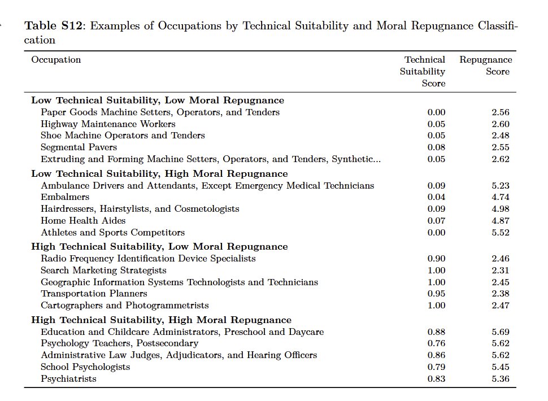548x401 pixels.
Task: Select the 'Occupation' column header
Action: pos(56,60)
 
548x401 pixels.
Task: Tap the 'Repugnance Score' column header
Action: pos(486,66)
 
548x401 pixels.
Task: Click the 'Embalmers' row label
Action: pos(65,197)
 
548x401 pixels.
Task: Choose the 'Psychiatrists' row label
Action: pos(68,378)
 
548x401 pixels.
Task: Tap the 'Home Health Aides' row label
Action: pos(83,221)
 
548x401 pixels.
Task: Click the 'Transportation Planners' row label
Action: pos(94,294)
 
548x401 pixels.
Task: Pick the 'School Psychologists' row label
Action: pos(85,367)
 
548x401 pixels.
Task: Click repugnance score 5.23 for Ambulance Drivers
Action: pos(500,186)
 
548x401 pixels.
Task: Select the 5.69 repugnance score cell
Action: pos(500,332)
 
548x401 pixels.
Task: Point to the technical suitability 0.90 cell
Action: pos(436,259)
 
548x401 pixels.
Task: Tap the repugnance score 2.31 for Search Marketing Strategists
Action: pos(500,271)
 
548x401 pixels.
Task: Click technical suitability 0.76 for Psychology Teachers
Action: pos(436,343)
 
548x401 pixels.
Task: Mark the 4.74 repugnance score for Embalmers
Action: pos(500,197)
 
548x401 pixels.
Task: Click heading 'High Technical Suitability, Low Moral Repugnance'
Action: pos(159,247)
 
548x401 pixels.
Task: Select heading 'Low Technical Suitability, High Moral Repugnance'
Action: pos(159,174)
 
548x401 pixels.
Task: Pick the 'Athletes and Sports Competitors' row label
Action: pos(112,233)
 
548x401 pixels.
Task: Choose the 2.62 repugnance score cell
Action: pos(500,159)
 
